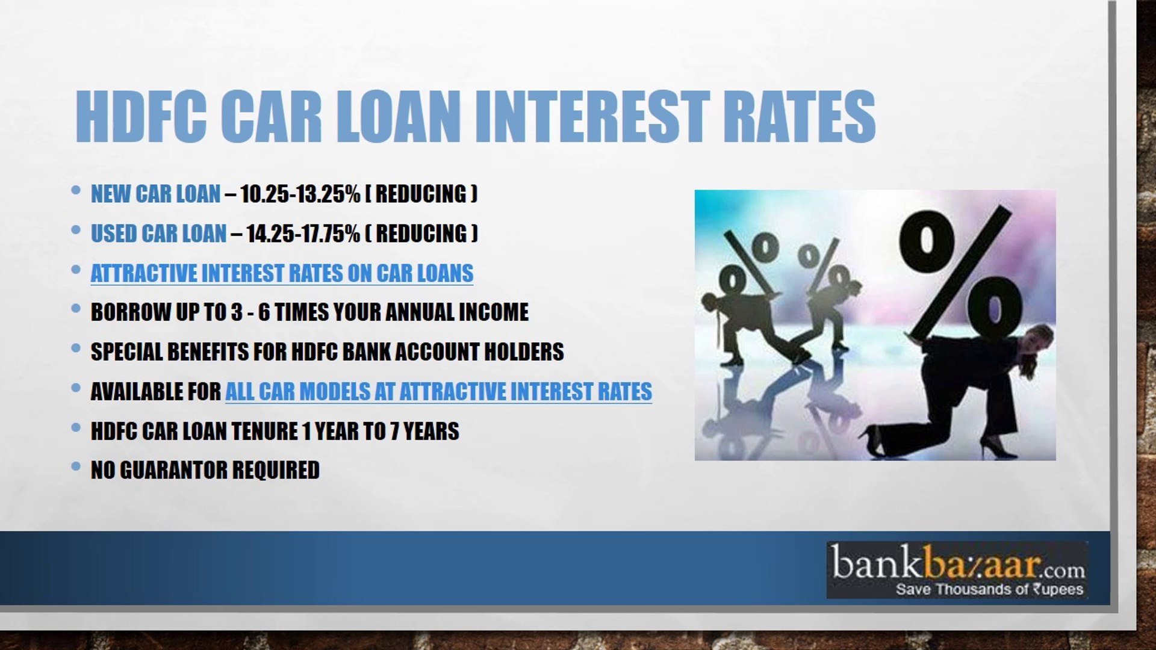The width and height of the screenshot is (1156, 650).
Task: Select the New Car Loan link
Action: (155, 194)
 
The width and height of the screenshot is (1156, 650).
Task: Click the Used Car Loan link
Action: (158, 234)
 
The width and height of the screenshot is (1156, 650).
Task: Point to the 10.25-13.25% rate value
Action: (300, 194)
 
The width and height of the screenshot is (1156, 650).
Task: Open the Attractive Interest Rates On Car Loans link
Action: (282, 273)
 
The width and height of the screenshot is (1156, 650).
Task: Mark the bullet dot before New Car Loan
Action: (76, 190)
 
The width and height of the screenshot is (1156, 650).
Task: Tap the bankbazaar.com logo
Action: (957, 570)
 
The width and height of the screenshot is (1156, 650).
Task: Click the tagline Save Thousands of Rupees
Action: (989, 589)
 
